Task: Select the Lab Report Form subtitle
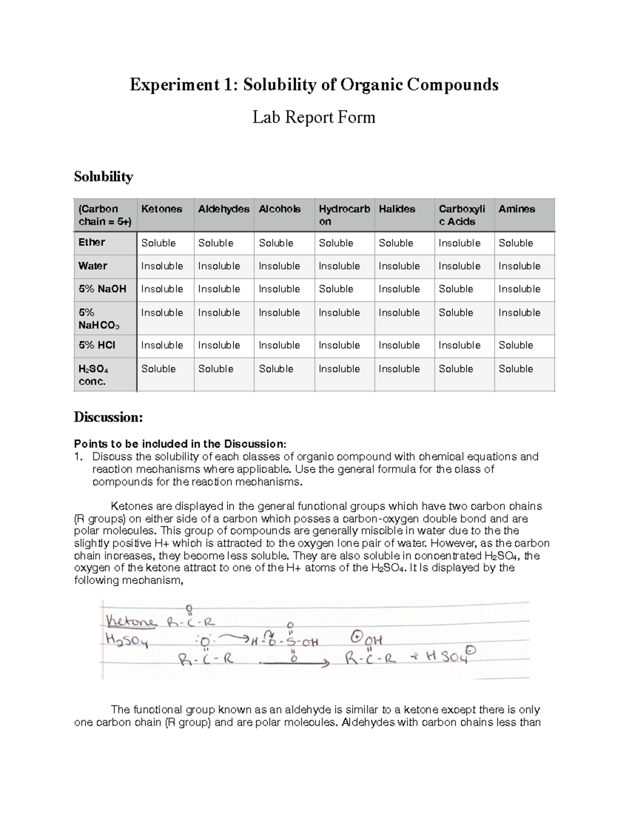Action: click(x=314, y=117)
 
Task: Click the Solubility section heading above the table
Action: click(x=103, y=177)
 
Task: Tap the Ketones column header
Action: click(x=161, y=209)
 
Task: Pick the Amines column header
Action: click(x=516, y=209)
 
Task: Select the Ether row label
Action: click(x=92, y=242)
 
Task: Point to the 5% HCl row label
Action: click(x=96, y=345)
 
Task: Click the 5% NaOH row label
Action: click(x=102, y=289)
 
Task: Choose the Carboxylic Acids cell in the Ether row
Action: click(x=459, y=243)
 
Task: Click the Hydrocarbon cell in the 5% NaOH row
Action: click(x=335, y=289)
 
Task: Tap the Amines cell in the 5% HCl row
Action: click(x=515, y=345)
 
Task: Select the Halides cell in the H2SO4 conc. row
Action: click(x=399, y=369)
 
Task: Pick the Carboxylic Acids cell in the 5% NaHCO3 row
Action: click(x=456, y=312)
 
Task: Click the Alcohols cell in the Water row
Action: click(x=279, y=266)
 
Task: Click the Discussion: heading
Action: click(x=108, y=417)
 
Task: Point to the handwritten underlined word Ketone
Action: click(x=131, y=622)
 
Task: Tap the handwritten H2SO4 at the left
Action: click(x=127, y=640)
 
